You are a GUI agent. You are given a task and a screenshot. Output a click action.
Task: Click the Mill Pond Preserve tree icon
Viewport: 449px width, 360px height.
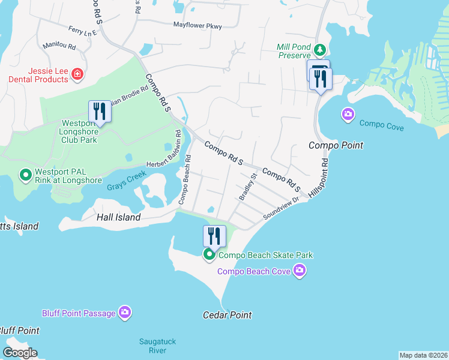coord(321,49)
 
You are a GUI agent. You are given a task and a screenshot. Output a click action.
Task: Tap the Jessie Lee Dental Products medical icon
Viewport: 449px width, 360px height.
coord(77,74)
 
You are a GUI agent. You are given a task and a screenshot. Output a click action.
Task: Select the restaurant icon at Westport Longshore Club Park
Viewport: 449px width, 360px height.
coord(100,112)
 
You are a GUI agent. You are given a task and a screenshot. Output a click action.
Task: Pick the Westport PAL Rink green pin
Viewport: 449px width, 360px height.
coord(25,175)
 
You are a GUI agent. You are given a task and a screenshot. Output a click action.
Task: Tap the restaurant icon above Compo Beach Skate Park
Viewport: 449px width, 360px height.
coord(214,236)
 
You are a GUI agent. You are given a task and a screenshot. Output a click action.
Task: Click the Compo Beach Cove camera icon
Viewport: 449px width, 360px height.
coord(300,271)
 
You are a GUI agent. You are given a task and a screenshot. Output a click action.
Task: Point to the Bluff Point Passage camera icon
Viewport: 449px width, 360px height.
coord(125,312)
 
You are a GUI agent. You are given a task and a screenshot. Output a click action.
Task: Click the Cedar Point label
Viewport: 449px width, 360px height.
coord(227,315)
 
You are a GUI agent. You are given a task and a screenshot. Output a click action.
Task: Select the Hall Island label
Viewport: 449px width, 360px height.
coord(118,218)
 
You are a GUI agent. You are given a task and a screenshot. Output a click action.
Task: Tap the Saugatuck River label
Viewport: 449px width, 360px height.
coord(157,346)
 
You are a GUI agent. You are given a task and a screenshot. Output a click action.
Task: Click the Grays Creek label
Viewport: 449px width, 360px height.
coord(127,186)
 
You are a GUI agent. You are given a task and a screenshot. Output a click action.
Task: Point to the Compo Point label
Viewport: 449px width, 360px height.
coord(336,146)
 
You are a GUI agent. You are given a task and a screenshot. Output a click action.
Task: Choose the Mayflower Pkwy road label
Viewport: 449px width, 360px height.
coord(197,26)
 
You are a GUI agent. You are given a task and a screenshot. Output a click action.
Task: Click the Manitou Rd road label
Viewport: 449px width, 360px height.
coord(59,46)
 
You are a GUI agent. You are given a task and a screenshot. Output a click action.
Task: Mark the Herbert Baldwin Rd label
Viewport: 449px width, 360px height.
coord(164,157)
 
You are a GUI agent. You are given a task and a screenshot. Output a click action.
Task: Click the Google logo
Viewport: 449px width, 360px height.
coord(20,353)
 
